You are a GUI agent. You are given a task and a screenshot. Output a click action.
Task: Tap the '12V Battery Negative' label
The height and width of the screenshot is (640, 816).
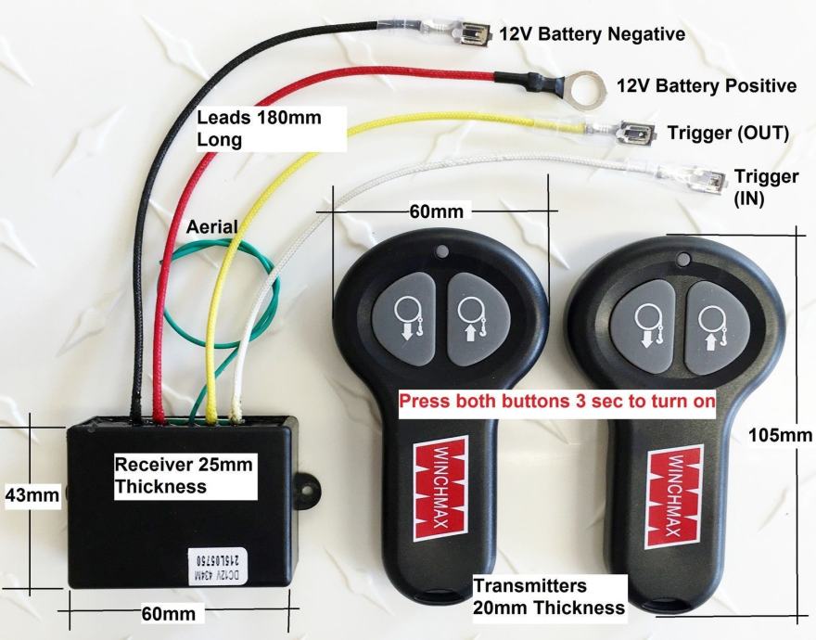coord(593,34)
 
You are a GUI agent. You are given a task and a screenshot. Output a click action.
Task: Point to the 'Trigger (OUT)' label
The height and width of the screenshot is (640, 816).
coord(728,133)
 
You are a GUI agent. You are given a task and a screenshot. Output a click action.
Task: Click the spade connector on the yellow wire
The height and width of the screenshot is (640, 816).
coord(633,134)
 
